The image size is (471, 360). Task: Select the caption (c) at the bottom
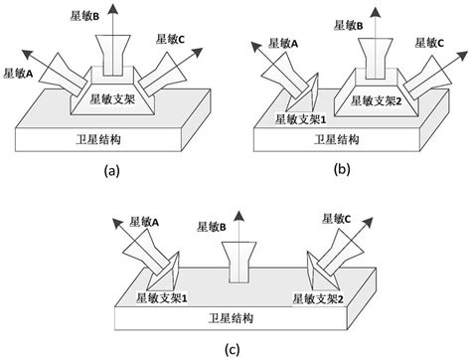231,348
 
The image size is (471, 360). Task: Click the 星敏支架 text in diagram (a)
116,97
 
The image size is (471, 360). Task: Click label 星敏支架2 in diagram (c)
323,297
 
